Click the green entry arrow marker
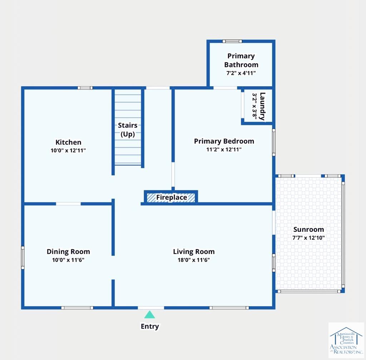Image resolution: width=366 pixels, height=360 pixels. coord(150,315)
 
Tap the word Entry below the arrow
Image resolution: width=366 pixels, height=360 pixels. coord(150,326)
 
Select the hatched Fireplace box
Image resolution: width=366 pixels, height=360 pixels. coord(171,198)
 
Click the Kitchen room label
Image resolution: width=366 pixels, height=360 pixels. coord(68,142)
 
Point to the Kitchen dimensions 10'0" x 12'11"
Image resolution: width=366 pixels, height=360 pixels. coord(68,150)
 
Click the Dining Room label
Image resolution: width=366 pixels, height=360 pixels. coord(68,252)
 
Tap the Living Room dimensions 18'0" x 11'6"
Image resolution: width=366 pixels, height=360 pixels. coord(194,260)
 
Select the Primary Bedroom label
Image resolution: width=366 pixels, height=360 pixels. coord(224,141)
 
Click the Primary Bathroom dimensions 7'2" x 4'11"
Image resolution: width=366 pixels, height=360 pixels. coord(241,73)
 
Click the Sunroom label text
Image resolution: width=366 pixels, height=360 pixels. coord(308,229)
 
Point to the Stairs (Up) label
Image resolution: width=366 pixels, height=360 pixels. coord(128,130)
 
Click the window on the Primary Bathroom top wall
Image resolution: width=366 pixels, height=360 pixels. coord(232,42)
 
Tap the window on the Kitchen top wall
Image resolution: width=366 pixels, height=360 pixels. coord(85,88)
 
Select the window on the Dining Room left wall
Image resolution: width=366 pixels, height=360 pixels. coord(23,258)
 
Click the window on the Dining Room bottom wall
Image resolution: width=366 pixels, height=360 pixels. coord(77,308)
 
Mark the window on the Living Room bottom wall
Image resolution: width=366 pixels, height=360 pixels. coord(229,308)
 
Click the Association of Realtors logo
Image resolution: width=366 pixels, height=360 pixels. coord(346,340)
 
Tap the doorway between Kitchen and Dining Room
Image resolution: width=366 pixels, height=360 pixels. coord(68,204)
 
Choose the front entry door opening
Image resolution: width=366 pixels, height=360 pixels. coord(151,308)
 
